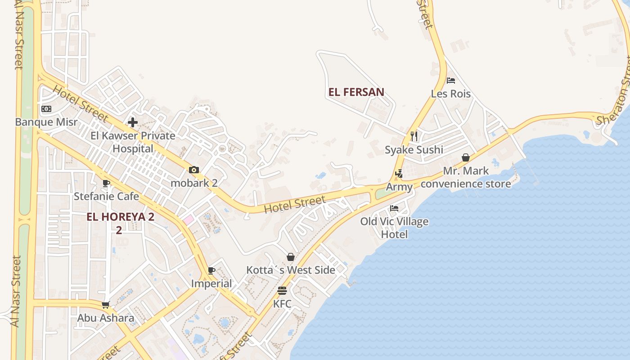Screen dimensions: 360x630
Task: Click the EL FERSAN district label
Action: click(x=356, y=92)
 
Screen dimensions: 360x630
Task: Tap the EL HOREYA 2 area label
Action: click(x=120, y=217)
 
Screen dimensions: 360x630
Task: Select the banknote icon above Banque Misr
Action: click(x=46, y=109)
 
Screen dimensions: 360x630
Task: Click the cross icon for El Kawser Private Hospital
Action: click(x=133, y=122)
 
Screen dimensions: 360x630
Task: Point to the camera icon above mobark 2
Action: click(x=194, y=170)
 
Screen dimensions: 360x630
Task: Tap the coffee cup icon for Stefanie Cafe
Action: click(x=106, y=183)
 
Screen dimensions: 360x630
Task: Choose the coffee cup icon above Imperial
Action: click(x=211, y=270)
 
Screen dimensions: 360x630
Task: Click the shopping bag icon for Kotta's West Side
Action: click(x=291, y=257)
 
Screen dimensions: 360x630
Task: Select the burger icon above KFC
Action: click(x=282, y=290)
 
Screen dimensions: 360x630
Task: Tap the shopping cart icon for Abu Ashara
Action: click(x=106, y=305)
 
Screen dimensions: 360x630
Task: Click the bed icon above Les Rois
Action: click(x=451, y=81)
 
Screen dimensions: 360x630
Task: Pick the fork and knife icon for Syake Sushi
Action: click(x=414, y=136)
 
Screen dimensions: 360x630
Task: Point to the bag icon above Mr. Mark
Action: click(x=466, y=157)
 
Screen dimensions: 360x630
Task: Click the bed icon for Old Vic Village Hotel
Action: click(x=394, y=208)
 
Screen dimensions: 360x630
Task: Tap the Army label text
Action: click(x=399, y=187)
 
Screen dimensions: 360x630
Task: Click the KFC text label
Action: click(x=282, y=304)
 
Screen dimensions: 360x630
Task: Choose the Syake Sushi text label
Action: click(x=414, y=150)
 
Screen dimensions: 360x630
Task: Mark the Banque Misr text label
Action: click(x=46, y=122)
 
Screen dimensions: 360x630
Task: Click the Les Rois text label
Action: click(x=450, y=94)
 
